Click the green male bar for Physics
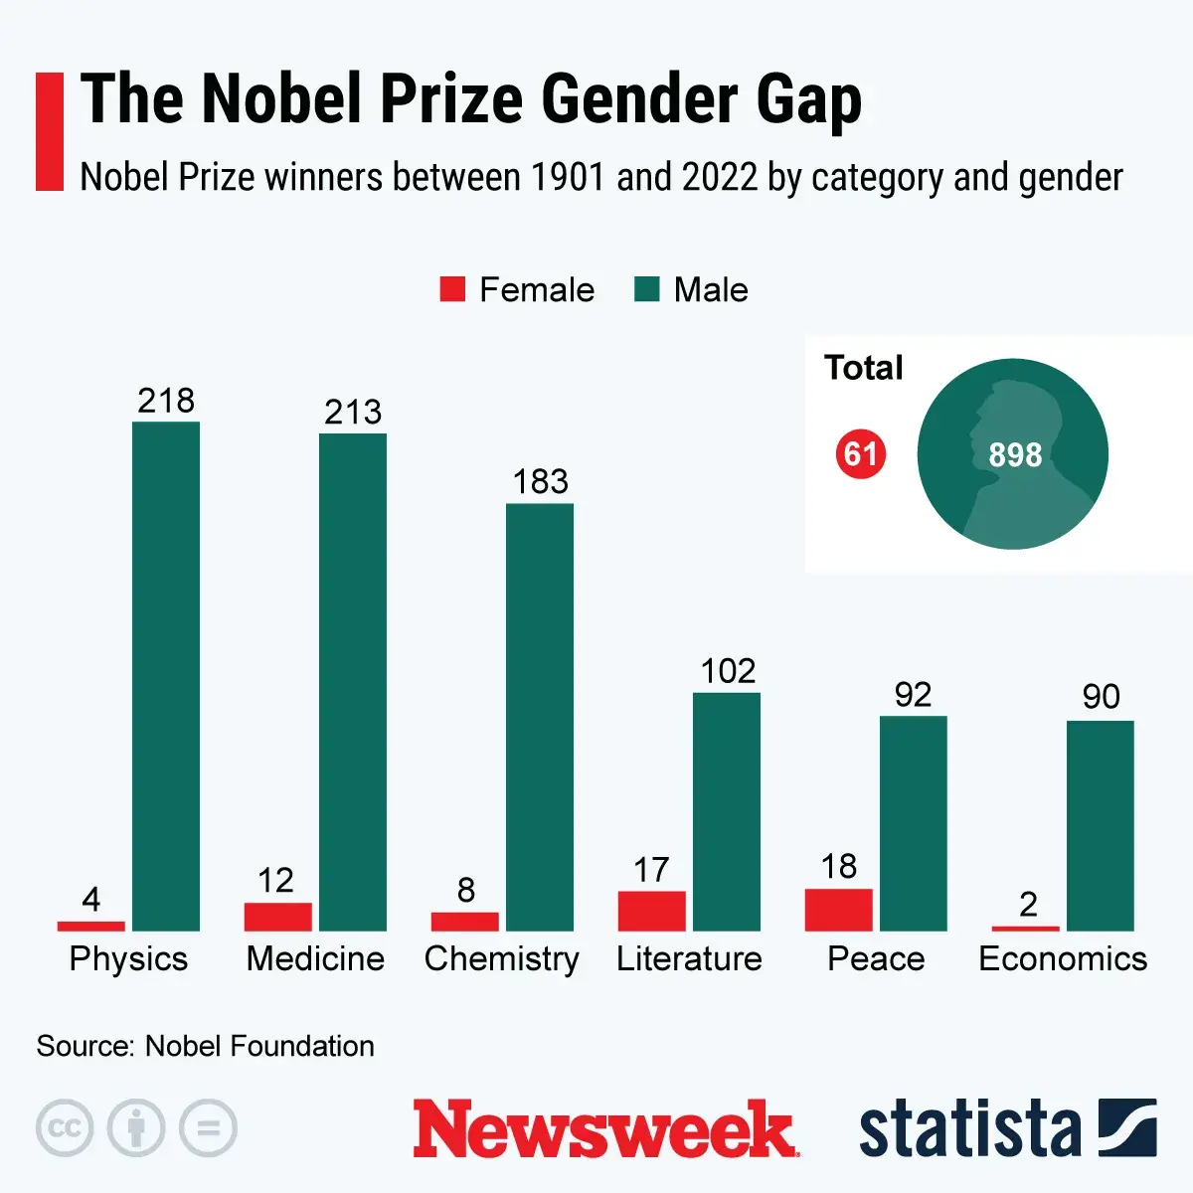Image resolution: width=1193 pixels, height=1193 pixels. point(166,676)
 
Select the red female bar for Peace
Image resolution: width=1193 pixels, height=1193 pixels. point(838,910)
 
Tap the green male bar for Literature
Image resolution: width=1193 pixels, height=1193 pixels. point(727,811)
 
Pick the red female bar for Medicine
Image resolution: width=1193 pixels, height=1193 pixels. point(277,917)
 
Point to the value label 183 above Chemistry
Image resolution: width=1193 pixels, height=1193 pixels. point(540,482)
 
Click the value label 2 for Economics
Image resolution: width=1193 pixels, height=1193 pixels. point(1028,904)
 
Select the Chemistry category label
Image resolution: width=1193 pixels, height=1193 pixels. point(501,958)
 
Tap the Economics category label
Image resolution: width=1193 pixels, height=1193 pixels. point(1063,958)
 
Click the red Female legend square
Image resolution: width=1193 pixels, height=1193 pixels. point(452,289)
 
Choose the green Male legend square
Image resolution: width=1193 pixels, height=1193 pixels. point(647,289)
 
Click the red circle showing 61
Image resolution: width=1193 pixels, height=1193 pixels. point(860,455)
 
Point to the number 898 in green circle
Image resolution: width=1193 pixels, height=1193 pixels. point(1014,455)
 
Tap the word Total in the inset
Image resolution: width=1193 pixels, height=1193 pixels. point(863,368)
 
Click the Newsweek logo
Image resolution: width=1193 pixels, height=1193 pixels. point(604,1129)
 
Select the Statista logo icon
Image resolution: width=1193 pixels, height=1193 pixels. point(1126,1128)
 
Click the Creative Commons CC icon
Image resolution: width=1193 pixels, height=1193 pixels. point(65,1128)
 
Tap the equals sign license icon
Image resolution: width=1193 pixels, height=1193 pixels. point(208,1128)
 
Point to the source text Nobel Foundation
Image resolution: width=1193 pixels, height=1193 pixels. point(259,1046)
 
